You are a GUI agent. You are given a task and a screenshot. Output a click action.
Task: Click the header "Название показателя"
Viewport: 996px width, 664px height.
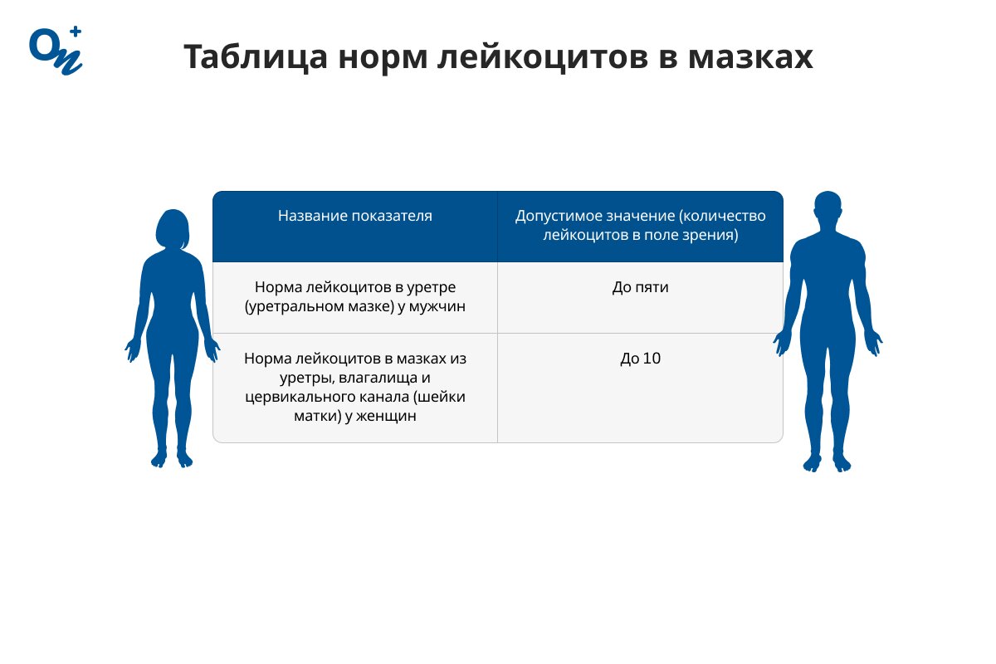click(355, 216)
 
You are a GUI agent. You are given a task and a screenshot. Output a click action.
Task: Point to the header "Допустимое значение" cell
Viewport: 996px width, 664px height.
click(640, 226)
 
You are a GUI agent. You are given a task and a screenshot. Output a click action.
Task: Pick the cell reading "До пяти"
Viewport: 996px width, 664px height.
click(640, 288)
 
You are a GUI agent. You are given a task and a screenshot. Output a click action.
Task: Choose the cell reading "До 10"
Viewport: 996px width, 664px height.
click(640, 359)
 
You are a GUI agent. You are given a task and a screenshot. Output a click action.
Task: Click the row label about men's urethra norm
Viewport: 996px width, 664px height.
click(355, 297)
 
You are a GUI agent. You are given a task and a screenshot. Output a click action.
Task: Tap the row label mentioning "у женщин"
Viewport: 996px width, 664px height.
click(355, 387)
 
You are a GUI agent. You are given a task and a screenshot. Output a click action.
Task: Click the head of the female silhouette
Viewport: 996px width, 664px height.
click(173, 229)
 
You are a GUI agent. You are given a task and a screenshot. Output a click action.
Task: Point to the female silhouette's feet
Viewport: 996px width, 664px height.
click(172, 458)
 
